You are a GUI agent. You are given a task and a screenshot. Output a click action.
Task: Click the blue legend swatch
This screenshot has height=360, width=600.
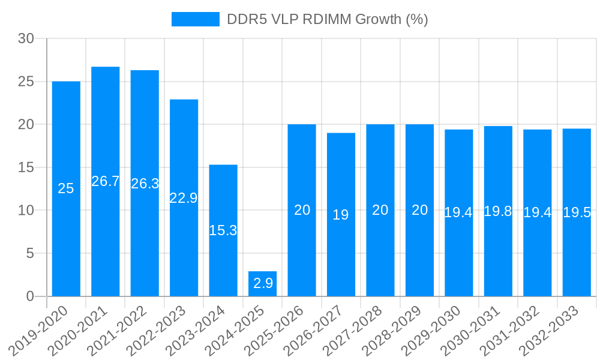click(x=196, y=19)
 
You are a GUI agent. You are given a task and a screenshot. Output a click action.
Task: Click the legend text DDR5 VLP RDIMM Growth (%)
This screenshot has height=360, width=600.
click(x=327, y=19)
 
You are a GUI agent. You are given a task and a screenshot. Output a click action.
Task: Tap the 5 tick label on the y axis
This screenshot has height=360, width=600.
click(x=30, y=254)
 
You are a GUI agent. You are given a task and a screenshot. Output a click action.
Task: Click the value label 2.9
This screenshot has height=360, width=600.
click(x=263, y=284)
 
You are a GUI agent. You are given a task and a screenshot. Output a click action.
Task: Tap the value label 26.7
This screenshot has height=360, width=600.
click(x=106, y=181)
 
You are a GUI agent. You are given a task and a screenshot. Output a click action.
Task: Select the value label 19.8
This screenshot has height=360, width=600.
click(x=498, y=211)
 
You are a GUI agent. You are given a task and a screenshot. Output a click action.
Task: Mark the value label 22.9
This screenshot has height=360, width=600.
click(x=184, y=198)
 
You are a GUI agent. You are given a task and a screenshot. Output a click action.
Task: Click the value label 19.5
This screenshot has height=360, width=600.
click(x=577, y=212)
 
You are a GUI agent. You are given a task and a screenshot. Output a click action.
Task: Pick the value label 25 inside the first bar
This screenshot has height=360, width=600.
click(x=66, y=188)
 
